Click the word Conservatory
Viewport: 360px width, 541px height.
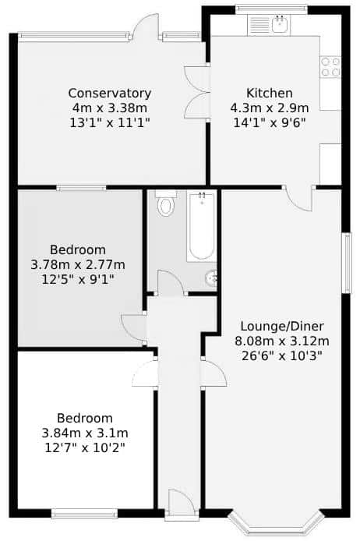pos(109,94)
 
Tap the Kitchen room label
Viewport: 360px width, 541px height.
pos(270,93)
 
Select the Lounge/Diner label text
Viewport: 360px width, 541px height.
pos(282,326)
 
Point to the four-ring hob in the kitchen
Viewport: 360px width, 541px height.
pos(330,67)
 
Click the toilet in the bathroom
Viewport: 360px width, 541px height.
pos(165,203)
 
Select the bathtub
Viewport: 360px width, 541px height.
pos(202,226)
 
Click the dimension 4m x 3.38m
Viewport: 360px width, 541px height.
pos(110,108)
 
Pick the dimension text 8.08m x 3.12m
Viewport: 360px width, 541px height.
pos(282,341)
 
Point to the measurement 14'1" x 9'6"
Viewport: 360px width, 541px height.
pos(270,123)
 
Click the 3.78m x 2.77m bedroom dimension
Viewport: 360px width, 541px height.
pos(78,265)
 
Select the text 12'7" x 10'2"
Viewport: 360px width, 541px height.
pos(85,447)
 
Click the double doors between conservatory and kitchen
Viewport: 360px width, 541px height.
pos(197,93)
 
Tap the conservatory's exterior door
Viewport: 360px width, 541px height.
pos(145,27)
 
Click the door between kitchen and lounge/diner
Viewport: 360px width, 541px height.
pos(298,198)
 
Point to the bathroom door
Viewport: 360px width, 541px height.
pos(171,283)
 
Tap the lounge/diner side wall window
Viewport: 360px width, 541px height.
pos(347,263)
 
